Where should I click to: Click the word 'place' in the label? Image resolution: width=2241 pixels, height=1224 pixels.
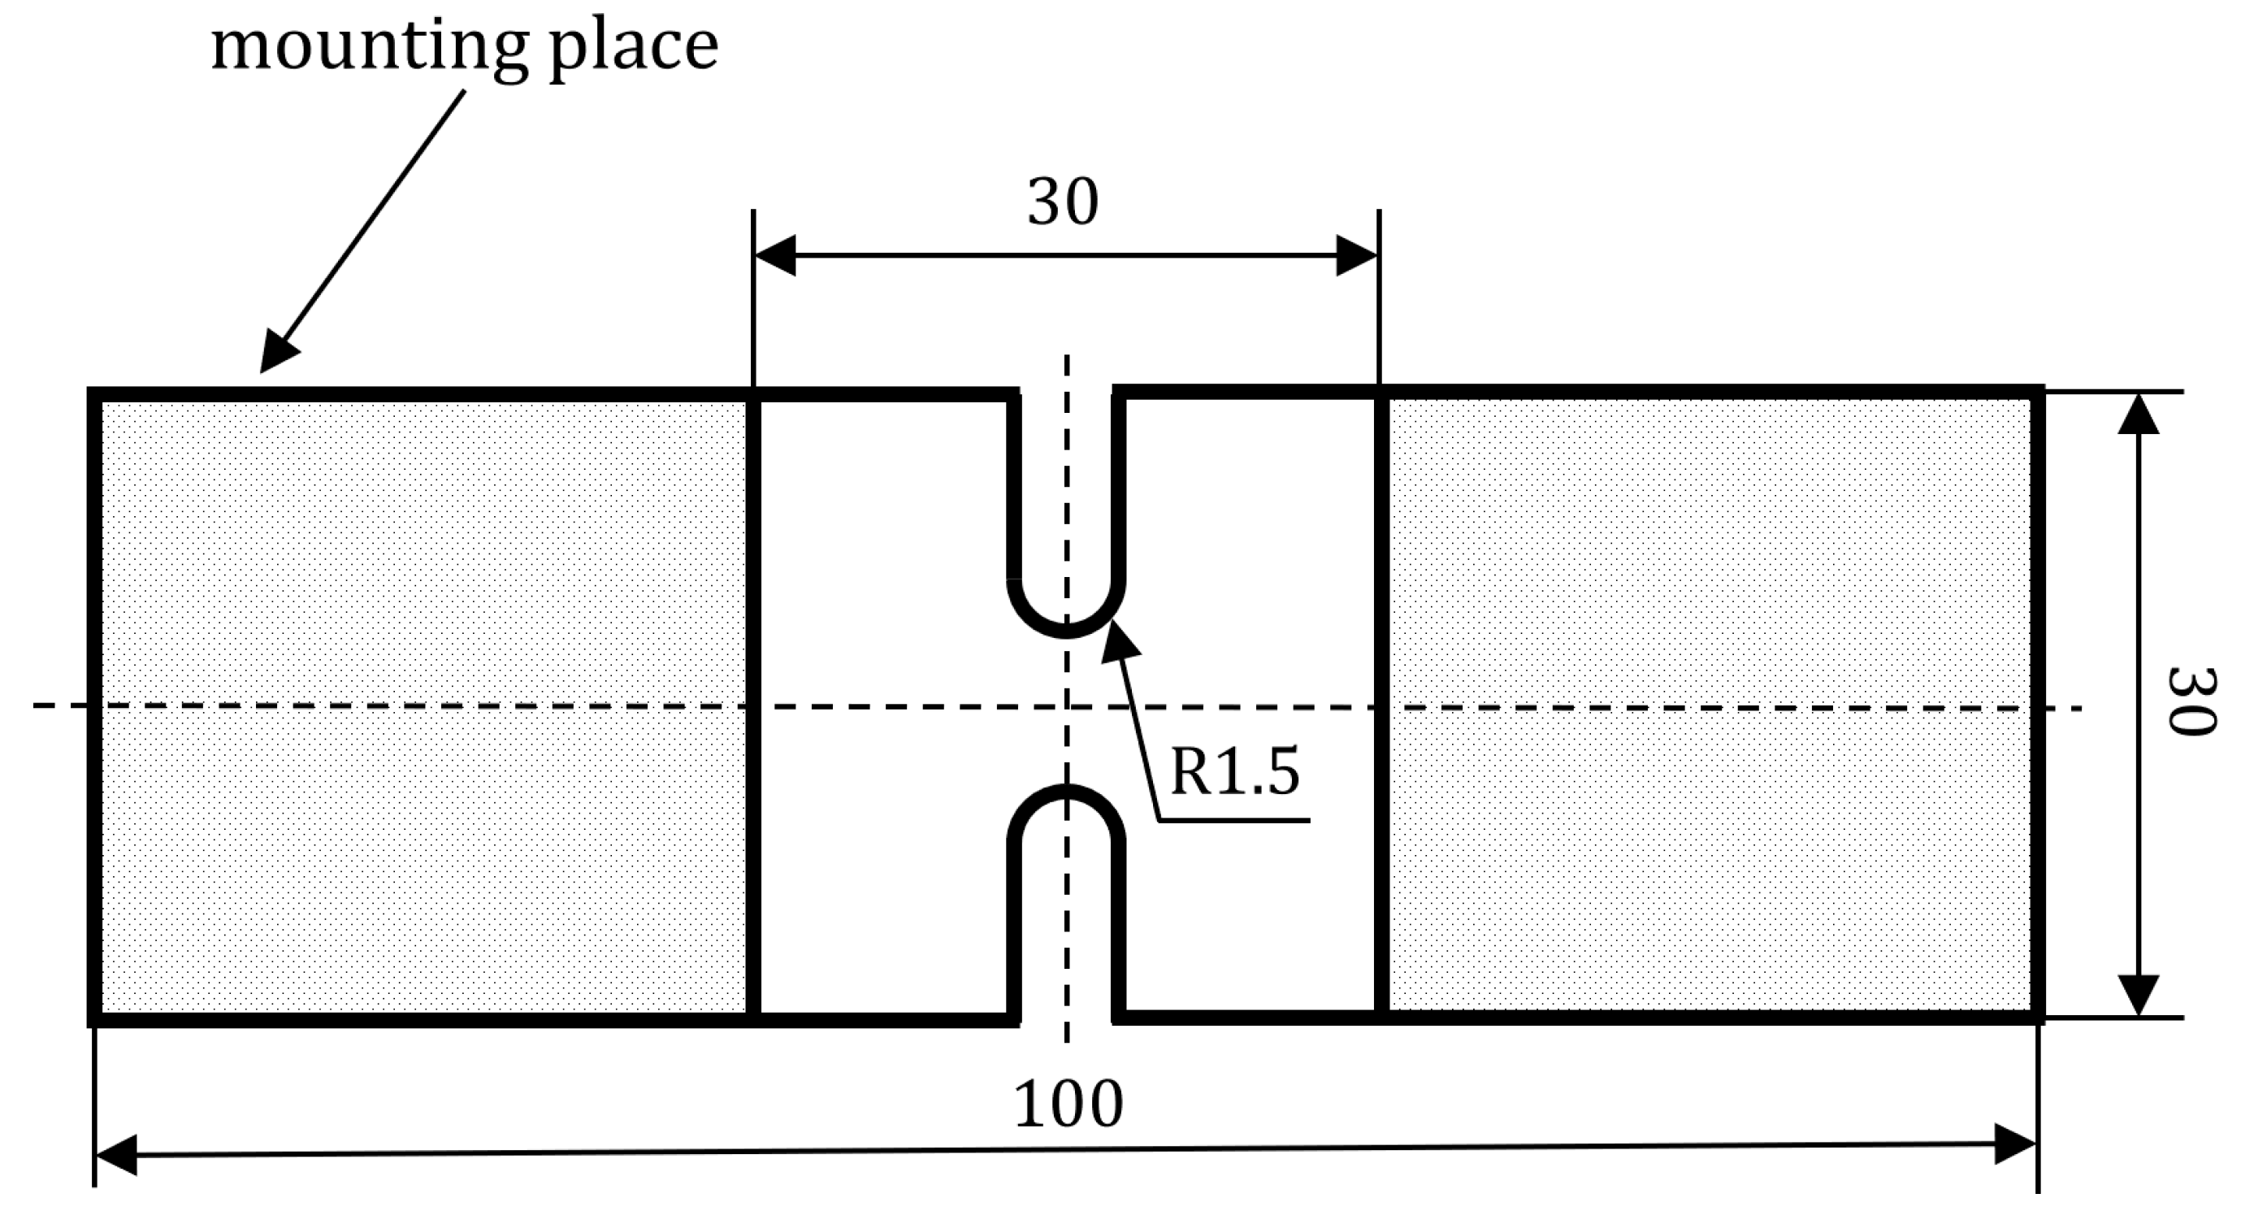click(633, 49)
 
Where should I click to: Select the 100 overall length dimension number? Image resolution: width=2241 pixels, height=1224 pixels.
click(1068, 1105)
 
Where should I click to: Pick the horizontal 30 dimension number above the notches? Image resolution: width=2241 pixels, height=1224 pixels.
click(1063, 202)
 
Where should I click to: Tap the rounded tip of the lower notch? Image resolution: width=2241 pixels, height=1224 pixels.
click(1067, 792)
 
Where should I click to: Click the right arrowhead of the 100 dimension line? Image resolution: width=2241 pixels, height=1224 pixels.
click(2016, 1144)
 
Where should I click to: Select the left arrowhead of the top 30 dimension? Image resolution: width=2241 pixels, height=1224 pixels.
click(775, 256)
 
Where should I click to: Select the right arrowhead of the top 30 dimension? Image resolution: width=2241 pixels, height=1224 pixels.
click(1357, 256)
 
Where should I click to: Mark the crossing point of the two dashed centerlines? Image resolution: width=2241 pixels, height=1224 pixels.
click(1067, 707)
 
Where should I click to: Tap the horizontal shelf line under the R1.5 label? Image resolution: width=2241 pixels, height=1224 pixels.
click(1234, 819)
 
